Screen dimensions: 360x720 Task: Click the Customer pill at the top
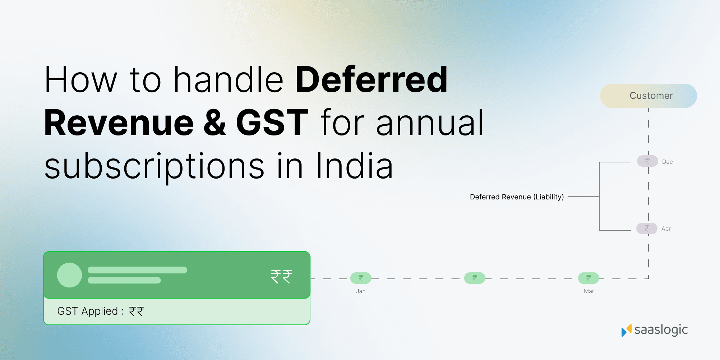pyautogui.click(x=648, y=96)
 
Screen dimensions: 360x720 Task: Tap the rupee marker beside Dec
pyautogui.click(x=647, y=161)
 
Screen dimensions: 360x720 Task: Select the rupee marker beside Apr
pyautogui.click(x=647, y=229)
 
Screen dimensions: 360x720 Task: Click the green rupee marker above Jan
pyautogui.click(x=361, y=278)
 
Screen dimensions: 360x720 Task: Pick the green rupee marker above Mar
pyautogui.click(x=589, y=278)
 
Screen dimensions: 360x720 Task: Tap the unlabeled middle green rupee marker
pyautogui.click(x=475, y=278)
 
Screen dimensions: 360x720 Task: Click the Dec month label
pyautogui.click(x=667, y=162)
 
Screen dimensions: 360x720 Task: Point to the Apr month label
pyautogui.click(x=666, y=229)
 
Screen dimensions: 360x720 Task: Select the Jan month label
pyautogui.click(x=361, y=291)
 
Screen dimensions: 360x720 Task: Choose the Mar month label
pyautogui.click(x=589, y=291)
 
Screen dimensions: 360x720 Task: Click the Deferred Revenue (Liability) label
pyautogui.click(x=517, y=197)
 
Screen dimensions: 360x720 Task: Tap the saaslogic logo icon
pyautogui.click(x=626, y=330)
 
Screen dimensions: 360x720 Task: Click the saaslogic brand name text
pyautogui.click(x=661, y=330)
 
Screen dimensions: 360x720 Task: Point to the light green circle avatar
pyautogui.click(x=69, y=275)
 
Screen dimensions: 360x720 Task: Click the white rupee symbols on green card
pyautogui.click(x=281, y=277)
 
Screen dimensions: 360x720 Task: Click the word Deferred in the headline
pyautogui.click(x=371, y=80)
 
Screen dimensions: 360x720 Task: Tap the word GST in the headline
pyautogui.click(x=272, y=123)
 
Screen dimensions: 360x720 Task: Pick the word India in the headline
pyautogui.click(x=354, y=166)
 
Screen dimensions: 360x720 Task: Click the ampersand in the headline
pyautogui.click(x=215, y=123)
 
